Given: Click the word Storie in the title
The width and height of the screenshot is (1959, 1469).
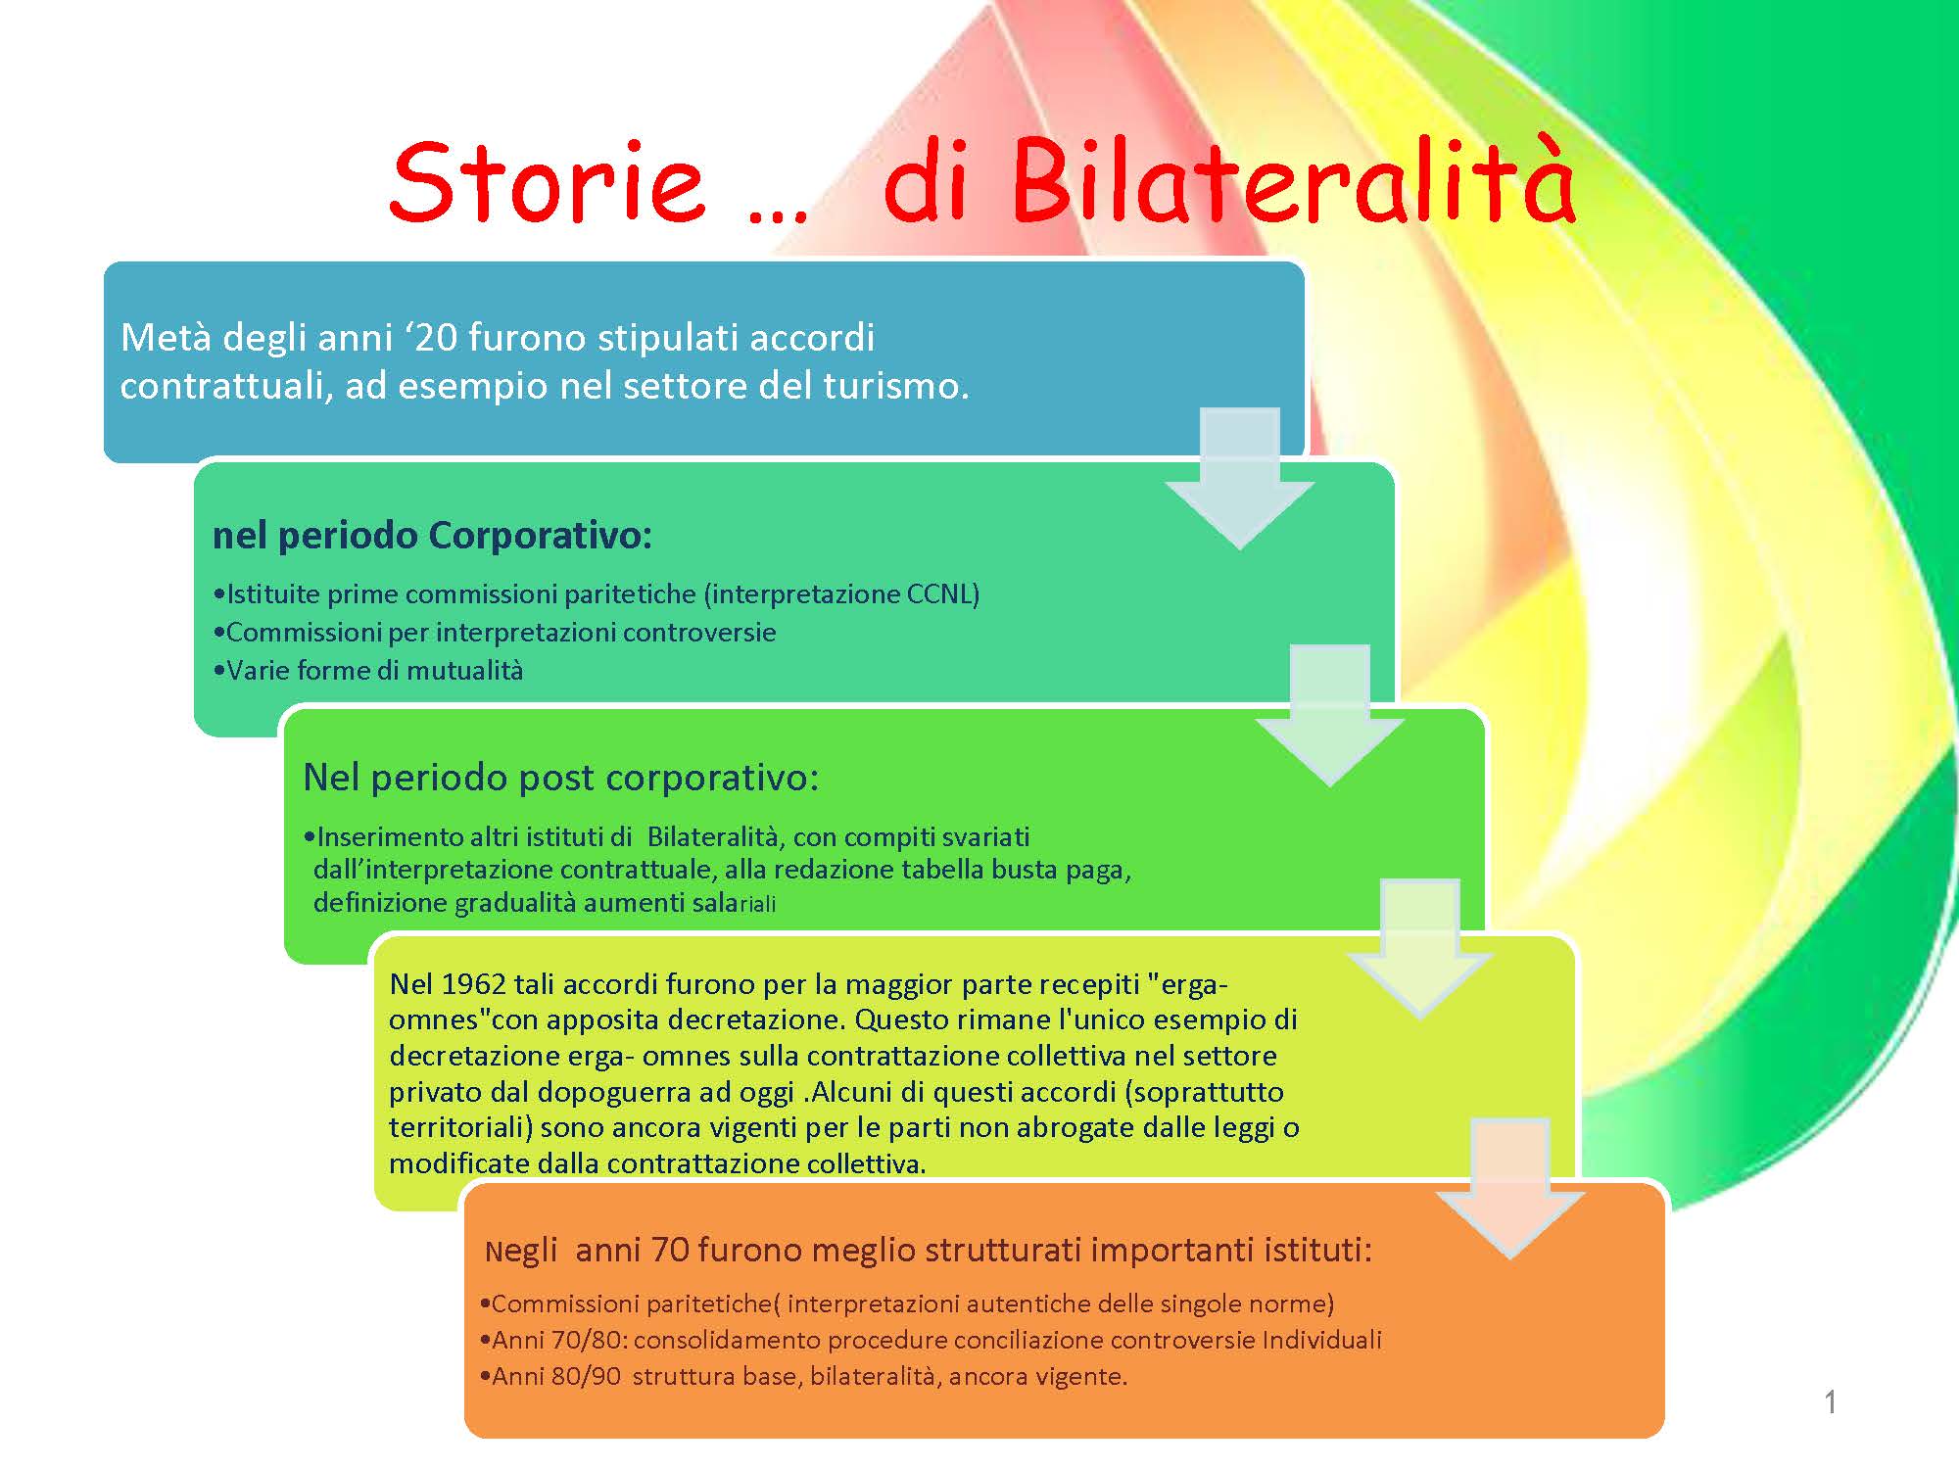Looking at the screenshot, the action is pos(547,181).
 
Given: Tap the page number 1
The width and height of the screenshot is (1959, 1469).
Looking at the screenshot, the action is pos(1830,1402).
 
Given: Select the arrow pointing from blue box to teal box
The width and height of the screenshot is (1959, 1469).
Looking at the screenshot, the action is pos(1239,478).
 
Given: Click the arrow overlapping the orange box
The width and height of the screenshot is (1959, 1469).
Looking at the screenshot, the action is pos(1509,1188).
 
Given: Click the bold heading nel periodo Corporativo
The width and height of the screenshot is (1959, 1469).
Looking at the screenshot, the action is pos(432,535).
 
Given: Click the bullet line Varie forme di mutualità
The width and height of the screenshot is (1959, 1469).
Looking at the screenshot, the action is pos(368,671).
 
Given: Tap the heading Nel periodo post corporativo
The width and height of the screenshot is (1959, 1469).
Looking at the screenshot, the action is pos(561,777).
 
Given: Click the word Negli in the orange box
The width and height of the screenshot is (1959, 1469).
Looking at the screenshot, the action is pos(521,1251).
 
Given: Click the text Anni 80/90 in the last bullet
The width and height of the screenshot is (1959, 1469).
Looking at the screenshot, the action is pos(556,1376).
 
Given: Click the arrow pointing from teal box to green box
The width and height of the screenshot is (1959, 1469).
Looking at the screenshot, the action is pos(1329,715).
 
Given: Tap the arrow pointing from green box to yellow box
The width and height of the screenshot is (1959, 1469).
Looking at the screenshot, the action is pos(1419,949).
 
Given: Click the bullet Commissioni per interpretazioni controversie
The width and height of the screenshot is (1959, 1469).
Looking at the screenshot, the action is pos(495,633).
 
